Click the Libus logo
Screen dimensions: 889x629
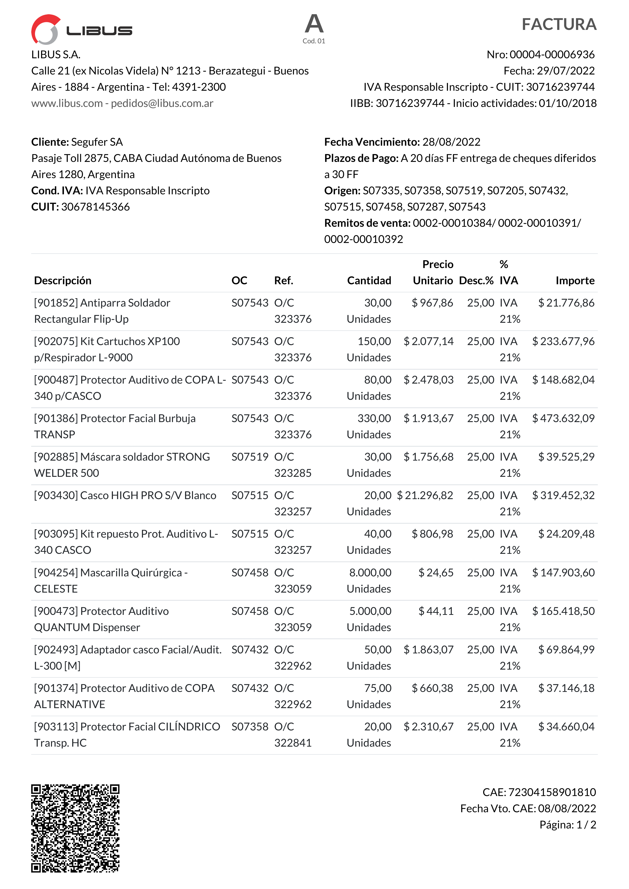coord(81,29)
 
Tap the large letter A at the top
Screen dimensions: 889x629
coord(314,24)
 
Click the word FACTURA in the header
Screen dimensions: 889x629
coord(558,24)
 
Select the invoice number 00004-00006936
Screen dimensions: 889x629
coord(552,54)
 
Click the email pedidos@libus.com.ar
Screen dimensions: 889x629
coord(162,103)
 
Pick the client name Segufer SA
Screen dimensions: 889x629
coord(97,142)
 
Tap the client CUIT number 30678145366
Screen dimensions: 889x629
coord(95,207)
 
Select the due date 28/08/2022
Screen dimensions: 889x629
coord(451,142)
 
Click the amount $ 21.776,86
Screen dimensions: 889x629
coord(566,303)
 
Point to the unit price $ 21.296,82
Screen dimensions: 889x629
coord(425,495)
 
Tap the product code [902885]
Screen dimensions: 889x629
coord(56,457)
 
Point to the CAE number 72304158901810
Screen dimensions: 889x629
coord(552,792)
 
